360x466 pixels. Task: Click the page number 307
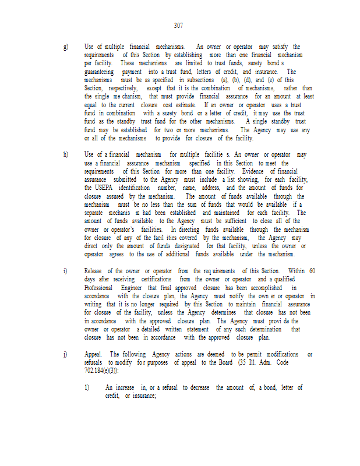[x=179, y=26]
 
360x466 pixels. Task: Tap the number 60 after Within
[x=312, y=271]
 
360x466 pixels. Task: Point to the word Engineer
[x=135, y=288]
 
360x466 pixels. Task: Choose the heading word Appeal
[x=94, y=354]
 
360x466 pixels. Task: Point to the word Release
[x=95, y=271]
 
